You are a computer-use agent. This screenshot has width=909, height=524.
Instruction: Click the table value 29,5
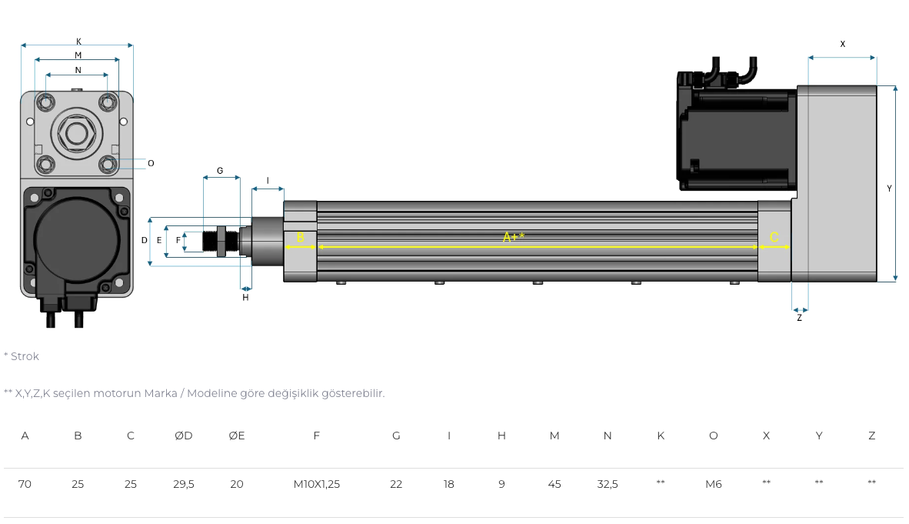pyautogui.click(x=184, y=484)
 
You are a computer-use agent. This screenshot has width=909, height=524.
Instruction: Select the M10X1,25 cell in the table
pyautogui.click(x=317, y=484)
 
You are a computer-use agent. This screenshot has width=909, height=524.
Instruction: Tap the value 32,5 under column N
pyautogui.click(x=608, y=484)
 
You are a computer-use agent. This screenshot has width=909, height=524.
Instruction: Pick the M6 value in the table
pyautogui.click(x=714, y=484)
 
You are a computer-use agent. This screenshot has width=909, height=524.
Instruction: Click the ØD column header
pyautogui.click(x=184, y=436)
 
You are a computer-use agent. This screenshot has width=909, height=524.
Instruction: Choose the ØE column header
pyautogui.click(x=237, y=436)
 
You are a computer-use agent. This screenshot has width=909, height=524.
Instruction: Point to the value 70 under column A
pyautogui.click(x=25, y=484)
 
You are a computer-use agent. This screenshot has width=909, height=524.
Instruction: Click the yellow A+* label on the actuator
pyautogui.click(x=514, y=237)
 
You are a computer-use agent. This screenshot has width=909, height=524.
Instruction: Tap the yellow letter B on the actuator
pyautogui.click(x=300, y=237)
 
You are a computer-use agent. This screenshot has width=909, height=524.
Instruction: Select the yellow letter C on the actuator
pyautogui.click(x=774, y=237)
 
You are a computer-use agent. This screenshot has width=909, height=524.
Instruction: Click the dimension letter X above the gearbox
pyautogui.click(x=842, y=44)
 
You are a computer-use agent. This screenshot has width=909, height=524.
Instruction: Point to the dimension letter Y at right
pyautogui.click(x=889, y=189)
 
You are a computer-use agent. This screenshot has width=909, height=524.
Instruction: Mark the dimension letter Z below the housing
pyautogui.click(x=800, y=318)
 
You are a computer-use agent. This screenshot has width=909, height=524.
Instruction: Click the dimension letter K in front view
pyautogui.click(x=79, y=42)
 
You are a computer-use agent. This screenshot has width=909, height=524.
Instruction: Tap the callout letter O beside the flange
pyautogui.click(x=151, y=164)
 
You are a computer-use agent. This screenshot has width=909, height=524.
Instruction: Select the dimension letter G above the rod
pyautogui.click(x=220, y=171)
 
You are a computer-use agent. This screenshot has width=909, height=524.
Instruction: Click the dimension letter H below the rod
pyautogui.click(x=245, y=298)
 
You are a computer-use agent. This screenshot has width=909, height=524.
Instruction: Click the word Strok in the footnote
pyautogui.click(x=25, y=356)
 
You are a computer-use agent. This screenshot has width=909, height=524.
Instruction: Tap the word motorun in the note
pyautogui.click(x=117, y=393)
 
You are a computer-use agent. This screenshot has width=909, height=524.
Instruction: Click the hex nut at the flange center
pyautogui.click(x=77, y=134)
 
